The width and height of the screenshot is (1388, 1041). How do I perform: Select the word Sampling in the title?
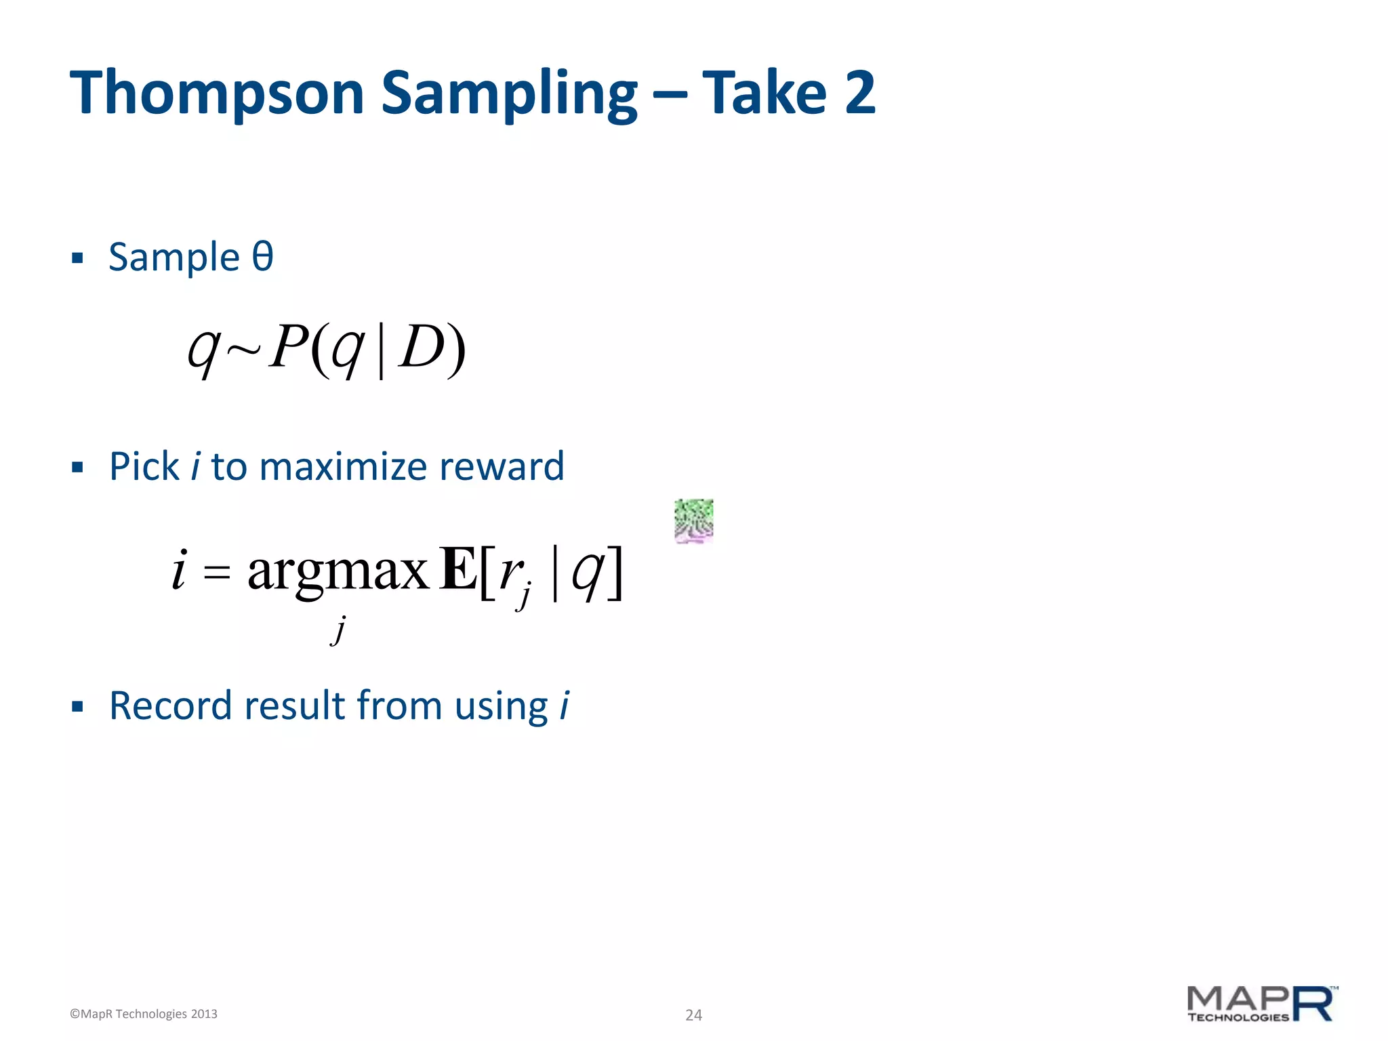[x=508, y=94]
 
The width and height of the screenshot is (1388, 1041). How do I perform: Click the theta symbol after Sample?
[x=262, y=257]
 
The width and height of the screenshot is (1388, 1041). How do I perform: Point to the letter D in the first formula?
[x=422, y=347]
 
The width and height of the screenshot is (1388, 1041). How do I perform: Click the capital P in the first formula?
[x=289, y=347]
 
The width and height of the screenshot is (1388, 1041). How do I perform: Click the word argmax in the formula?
[x=338, y=571]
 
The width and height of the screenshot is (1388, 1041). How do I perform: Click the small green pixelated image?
[x=693, y=521]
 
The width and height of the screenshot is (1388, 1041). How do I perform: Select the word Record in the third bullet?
[x=171, y=706]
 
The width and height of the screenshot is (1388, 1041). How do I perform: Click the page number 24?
[x=693, y=1015]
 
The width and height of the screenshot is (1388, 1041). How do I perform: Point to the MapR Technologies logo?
[x=1262, y=1004]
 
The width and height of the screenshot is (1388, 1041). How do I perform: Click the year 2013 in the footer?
[x=203, y=1014]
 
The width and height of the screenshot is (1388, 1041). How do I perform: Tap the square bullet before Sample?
[x=77, y=258]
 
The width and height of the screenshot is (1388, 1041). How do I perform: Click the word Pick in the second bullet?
[x=144, y=466]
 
